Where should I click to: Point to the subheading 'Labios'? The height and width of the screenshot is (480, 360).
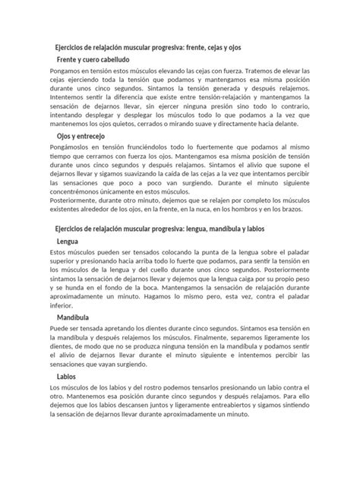[x=66, y=376]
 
